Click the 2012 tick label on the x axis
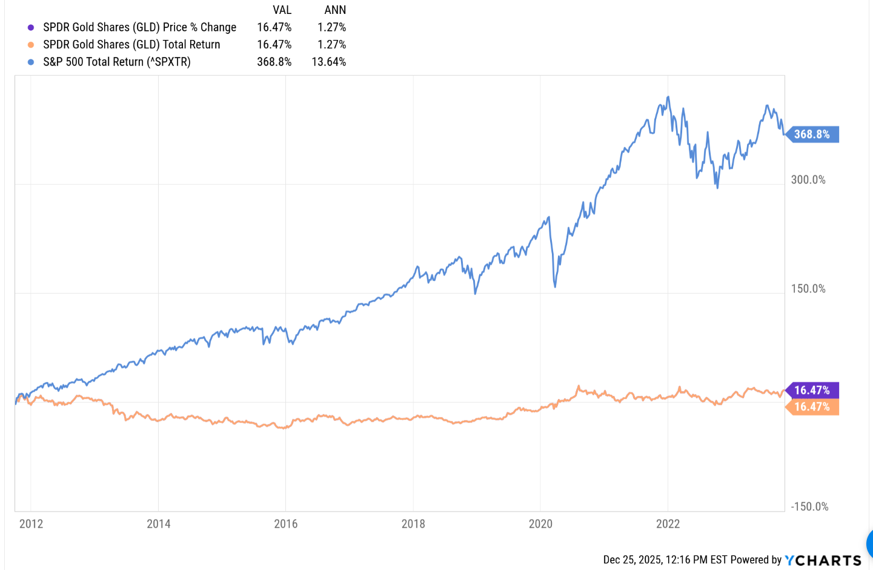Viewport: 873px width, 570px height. [x=31, y=524]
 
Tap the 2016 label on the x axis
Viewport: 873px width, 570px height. [x=286, y=524]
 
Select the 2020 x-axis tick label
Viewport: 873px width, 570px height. [x=540, y=524]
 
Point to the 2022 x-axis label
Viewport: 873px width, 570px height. [x=668, y=524]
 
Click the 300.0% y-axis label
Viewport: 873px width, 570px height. [x=808, y=180]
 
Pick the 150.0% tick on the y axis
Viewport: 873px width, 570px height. [x=808, y=289]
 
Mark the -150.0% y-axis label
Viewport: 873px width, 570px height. [x=809, y=507]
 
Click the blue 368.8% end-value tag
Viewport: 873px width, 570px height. [x=812, y=134]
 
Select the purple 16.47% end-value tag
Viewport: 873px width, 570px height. [x=812, y=391]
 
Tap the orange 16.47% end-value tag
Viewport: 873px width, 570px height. [x=812, y=407]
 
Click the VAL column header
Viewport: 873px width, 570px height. [x=282, y=10]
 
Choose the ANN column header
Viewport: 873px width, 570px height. [x=335, y=10]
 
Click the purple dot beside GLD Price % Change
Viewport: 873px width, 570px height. [x=31, y=27]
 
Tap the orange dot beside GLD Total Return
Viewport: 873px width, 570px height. [x=31, y=45]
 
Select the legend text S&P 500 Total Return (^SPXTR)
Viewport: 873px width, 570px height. [x=117, y=62]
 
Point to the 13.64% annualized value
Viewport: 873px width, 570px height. [x=329, y=62]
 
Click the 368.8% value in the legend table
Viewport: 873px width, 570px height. [x=274, y=62]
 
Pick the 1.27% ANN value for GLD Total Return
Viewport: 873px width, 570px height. [x=332, y=45]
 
